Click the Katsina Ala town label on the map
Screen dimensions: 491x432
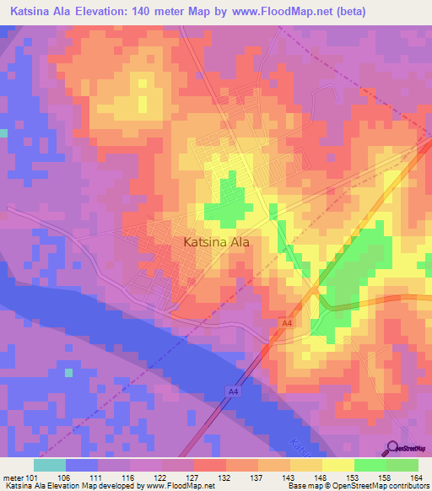pos(217,242)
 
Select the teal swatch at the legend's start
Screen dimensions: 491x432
pos(50,465)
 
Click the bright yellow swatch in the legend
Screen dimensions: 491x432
pos(338,465)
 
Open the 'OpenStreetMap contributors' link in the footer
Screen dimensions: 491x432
pos(385,487)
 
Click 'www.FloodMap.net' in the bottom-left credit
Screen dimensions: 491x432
pos(178,487)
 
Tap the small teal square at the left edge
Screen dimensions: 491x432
pos(3,133)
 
